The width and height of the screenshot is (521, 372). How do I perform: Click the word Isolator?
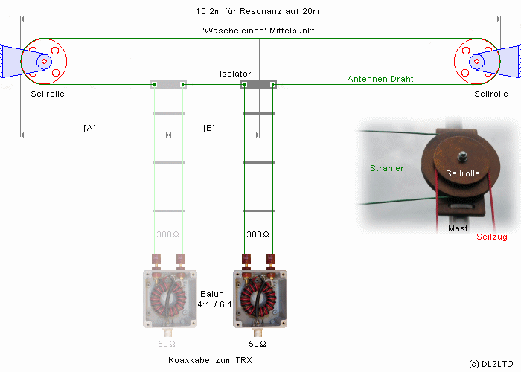235,74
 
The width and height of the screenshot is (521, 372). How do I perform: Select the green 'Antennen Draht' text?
380,79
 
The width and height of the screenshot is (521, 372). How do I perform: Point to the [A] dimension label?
89,128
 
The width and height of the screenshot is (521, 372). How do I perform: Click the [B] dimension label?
209,128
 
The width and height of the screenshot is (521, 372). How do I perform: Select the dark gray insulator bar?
258,85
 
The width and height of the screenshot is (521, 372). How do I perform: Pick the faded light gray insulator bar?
168,85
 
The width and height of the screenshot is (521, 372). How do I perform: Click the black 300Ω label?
258,234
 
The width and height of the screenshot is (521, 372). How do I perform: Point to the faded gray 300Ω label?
167,234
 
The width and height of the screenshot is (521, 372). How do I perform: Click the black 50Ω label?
258,344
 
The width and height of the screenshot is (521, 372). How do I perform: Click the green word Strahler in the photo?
386,168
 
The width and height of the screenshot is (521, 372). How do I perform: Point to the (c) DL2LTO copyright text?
491,365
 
